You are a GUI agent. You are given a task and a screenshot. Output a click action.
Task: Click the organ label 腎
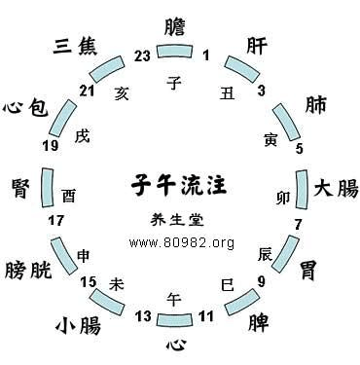coord(20,187)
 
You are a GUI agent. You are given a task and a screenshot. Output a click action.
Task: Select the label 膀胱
coord(29,268)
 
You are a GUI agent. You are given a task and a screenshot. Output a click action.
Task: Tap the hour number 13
coord(143,313)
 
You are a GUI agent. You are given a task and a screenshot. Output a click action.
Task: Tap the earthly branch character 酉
coord(67,195)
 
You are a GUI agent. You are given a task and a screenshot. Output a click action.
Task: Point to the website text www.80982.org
coord(180,241)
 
